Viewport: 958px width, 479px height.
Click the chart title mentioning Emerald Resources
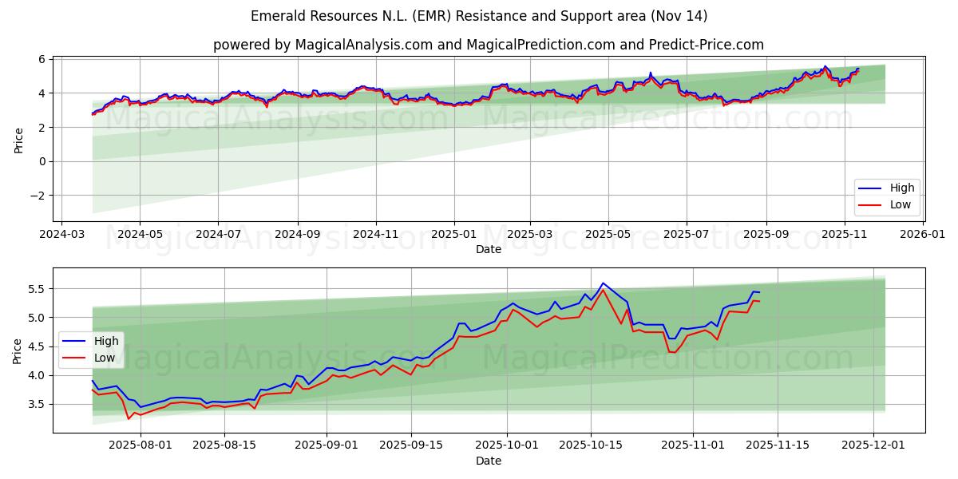[x=479, y=16]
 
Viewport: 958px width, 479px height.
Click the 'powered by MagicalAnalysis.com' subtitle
[x=488, y=45]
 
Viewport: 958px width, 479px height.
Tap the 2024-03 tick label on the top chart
[x=62, y=235]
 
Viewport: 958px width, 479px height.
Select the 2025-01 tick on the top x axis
[x=454, y=235]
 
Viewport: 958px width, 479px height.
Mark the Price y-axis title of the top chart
[x=18, y=141]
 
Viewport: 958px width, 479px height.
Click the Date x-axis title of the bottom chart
[x=489, y=461]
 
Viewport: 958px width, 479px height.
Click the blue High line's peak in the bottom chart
[x=603, y=283]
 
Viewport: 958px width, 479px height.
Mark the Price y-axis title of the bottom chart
[x=18, y=350]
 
